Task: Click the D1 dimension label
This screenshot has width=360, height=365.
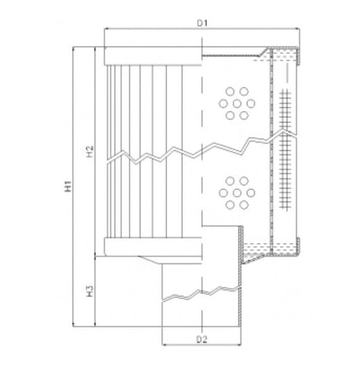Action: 200,23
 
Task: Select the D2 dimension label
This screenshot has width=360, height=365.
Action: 200,339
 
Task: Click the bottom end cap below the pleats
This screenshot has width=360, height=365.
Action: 153,249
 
